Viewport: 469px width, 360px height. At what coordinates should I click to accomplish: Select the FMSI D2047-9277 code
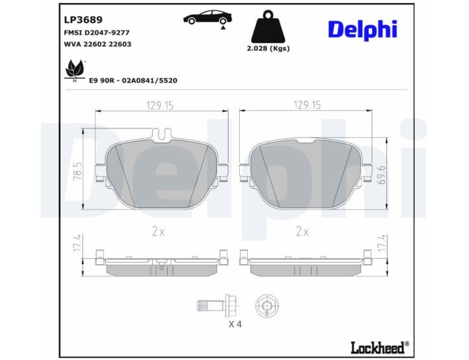click(97, 33)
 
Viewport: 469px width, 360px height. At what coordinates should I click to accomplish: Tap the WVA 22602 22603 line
click(97, 44)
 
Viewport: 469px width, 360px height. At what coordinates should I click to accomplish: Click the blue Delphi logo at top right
click(362, 29)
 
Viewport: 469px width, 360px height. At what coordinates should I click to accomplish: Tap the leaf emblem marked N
click(74, 70)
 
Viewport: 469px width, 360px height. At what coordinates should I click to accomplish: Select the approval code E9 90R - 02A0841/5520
click(133, 80)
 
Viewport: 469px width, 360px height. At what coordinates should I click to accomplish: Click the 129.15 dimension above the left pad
click(160, 105)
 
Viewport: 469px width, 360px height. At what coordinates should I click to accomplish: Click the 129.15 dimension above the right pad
click(306, 105)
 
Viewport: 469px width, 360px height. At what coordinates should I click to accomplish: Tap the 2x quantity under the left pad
click(158, 231)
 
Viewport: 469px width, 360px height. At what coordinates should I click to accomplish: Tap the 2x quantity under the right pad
click(302, 231)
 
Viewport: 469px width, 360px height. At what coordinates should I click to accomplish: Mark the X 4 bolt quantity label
click(236, 325)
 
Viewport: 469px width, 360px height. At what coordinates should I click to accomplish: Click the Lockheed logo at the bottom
click(379, 347)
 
